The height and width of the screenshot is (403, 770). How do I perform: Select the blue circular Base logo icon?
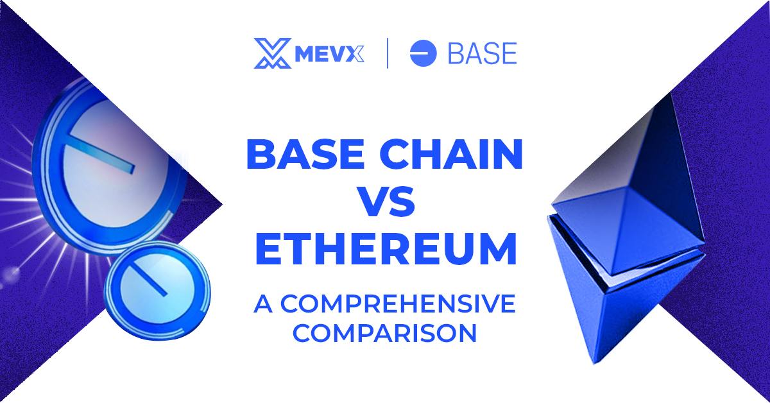(423, 53)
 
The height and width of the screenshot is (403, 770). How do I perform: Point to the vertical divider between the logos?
(388, 53)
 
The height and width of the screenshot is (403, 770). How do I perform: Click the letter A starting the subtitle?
(261, 305)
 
